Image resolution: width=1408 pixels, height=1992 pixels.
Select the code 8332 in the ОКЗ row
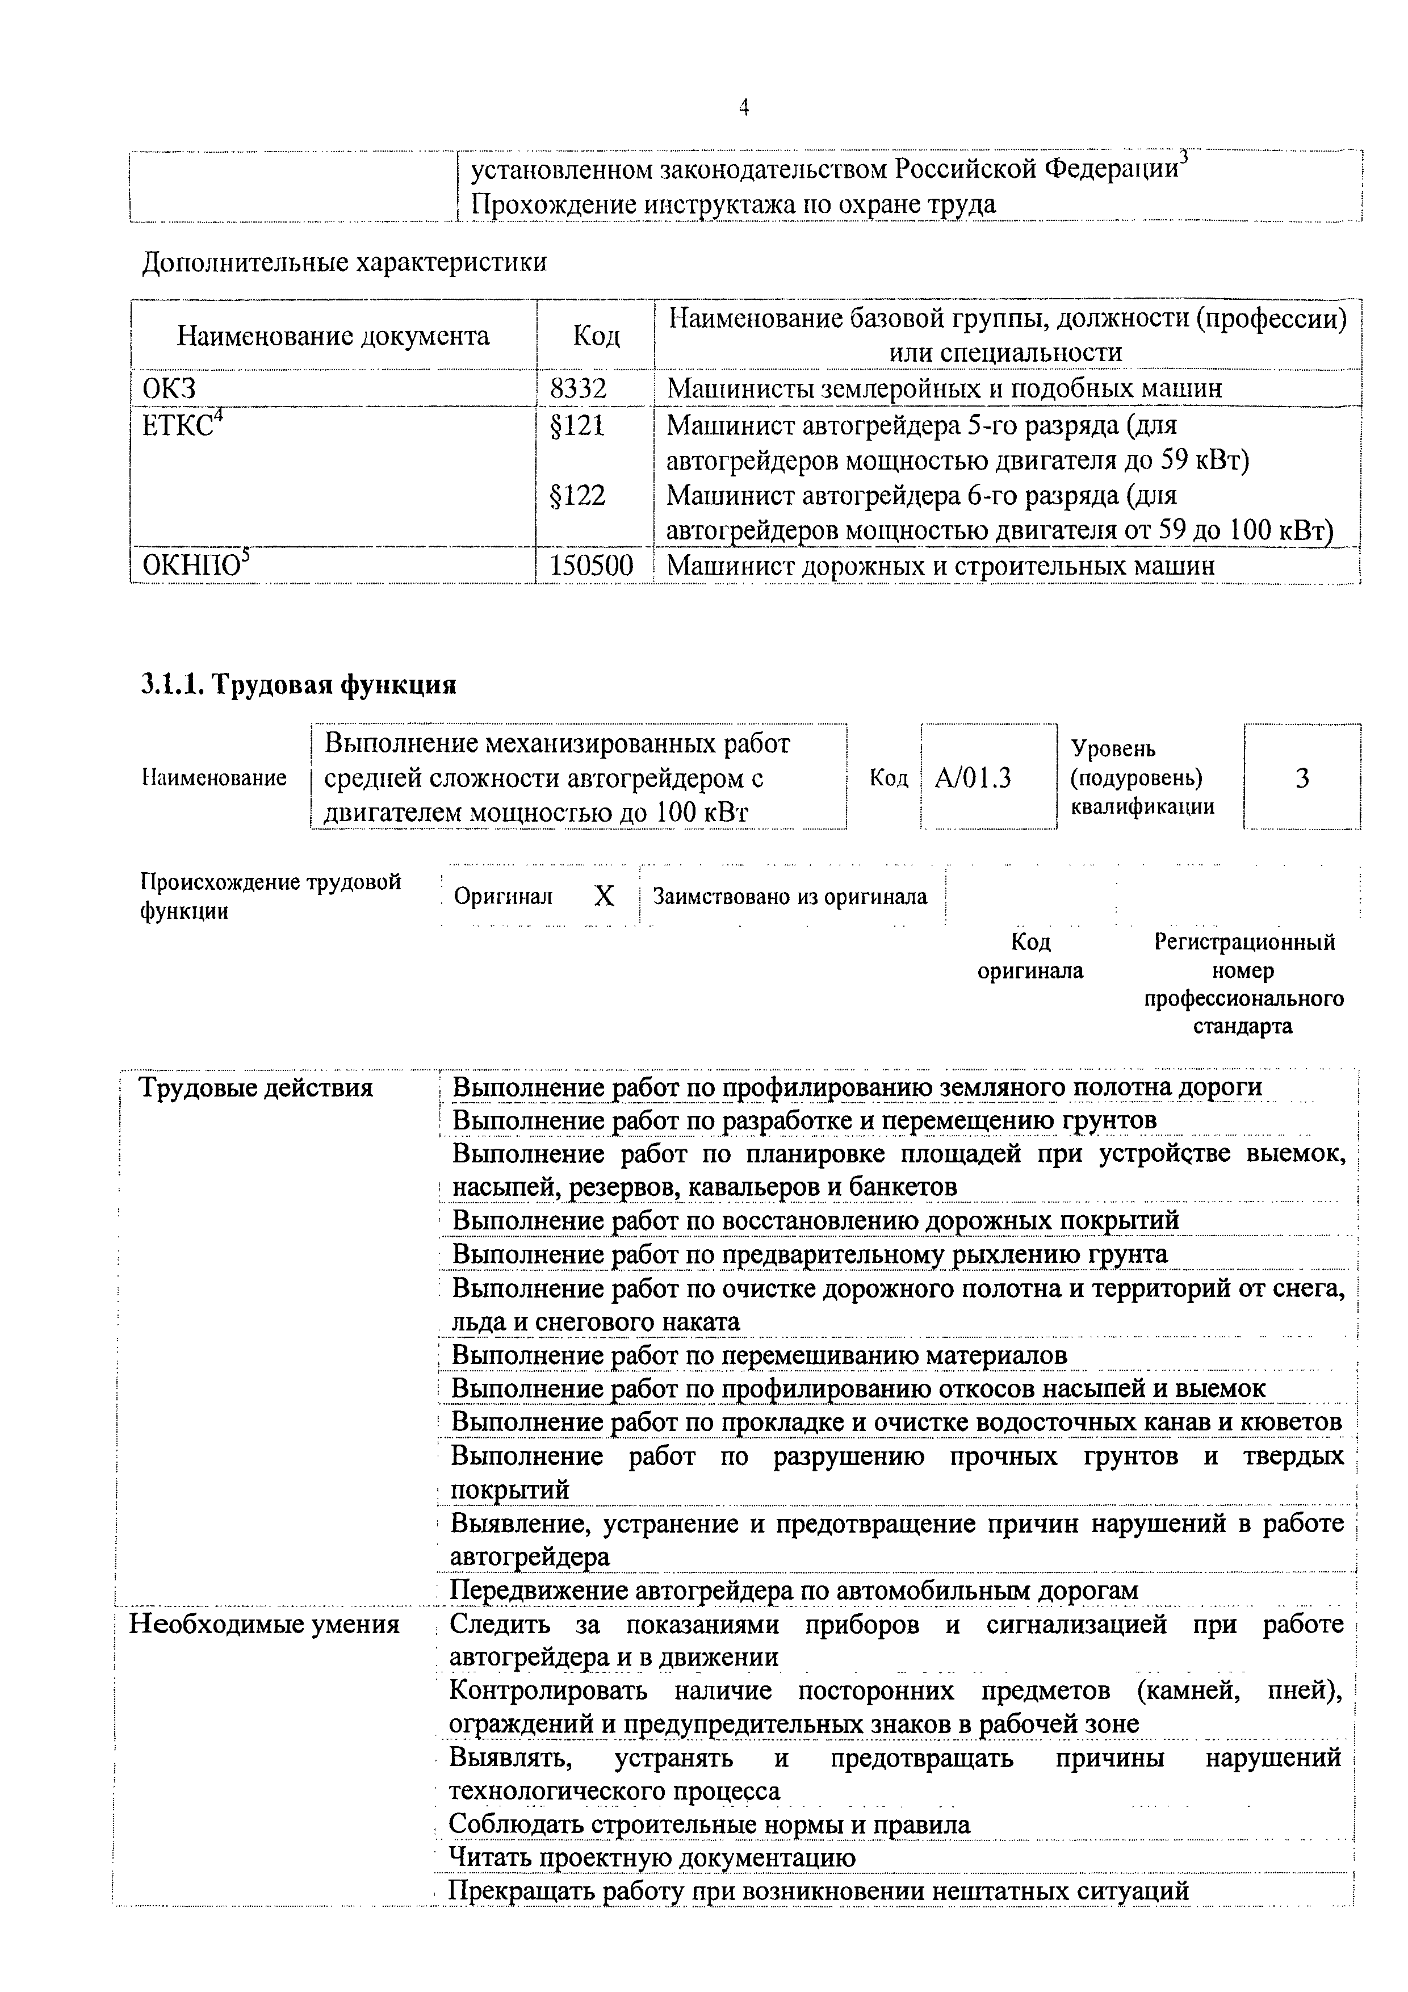click(578, 388)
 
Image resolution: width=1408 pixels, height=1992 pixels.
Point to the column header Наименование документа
click(333, 336)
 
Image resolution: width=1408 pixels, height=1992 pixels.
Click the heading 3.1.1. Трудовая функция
click(299, 684)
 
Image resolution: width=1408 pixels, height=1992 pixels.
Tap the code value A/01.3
click(973, 779)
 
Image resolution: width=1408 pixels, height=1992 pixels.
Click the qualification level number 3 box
click(1301, 779)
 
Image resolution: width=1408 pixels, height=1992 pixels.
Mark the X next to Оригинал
click(604, 896)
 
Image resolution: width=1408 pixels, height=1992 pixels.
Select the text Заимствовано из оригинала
click(790, 896)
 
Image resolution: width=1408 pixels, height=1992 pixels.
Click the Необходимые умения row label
click(265, 1624)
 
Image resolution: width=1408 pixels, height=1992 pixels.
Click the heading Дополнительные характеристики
click(345, 262)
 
